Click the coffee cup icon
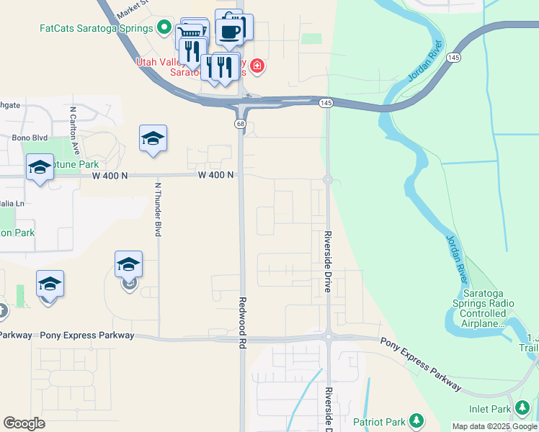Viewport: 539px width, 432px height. coord(230,31)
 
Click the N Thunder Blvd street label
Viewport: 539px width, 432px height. coord(158,210)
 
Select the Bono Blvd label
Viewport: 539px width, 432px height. coord(30,137)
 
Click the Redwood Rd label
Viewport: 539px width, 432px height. coord(243,323)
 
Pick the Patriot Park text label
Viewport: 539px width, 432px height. coord(378,420)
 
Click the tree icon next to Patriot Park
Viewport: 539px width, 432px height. coord(416,420)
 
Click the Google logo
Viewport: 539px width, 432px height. coord(24,423)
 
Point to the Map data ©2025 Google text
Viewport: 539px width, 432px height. coord(494,426)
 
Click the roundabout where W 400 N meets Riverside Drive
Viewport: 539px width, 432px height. coord(328,180)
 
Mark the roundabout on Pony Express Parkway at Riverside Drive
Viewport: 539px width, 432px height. coord(328,336)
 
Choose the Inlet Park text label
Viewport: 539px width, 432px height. coord(491,410)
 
